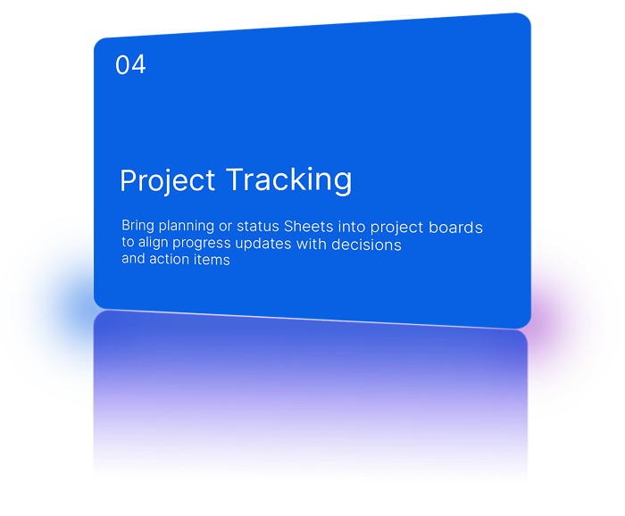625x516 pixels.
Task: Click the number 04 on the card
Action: pyautogui.click(x=130, y=65)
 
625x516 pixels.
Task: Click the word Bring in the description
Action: pyautogui.click(x=138, y=227)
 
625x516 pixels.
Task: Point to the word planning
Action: pyautogui.click(x=188, y=228)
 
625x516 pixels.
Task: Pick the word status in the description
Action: pyautogui.click(x=258, y=227)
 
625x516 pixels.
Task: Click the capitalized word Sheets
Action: pyautogui.click(x=309, y=227)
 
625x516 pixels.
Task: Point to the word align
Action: pyautogui.click(x=158, y=244)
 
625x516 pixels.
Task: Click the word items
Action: pyautogui.click(x=212, y=260)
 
